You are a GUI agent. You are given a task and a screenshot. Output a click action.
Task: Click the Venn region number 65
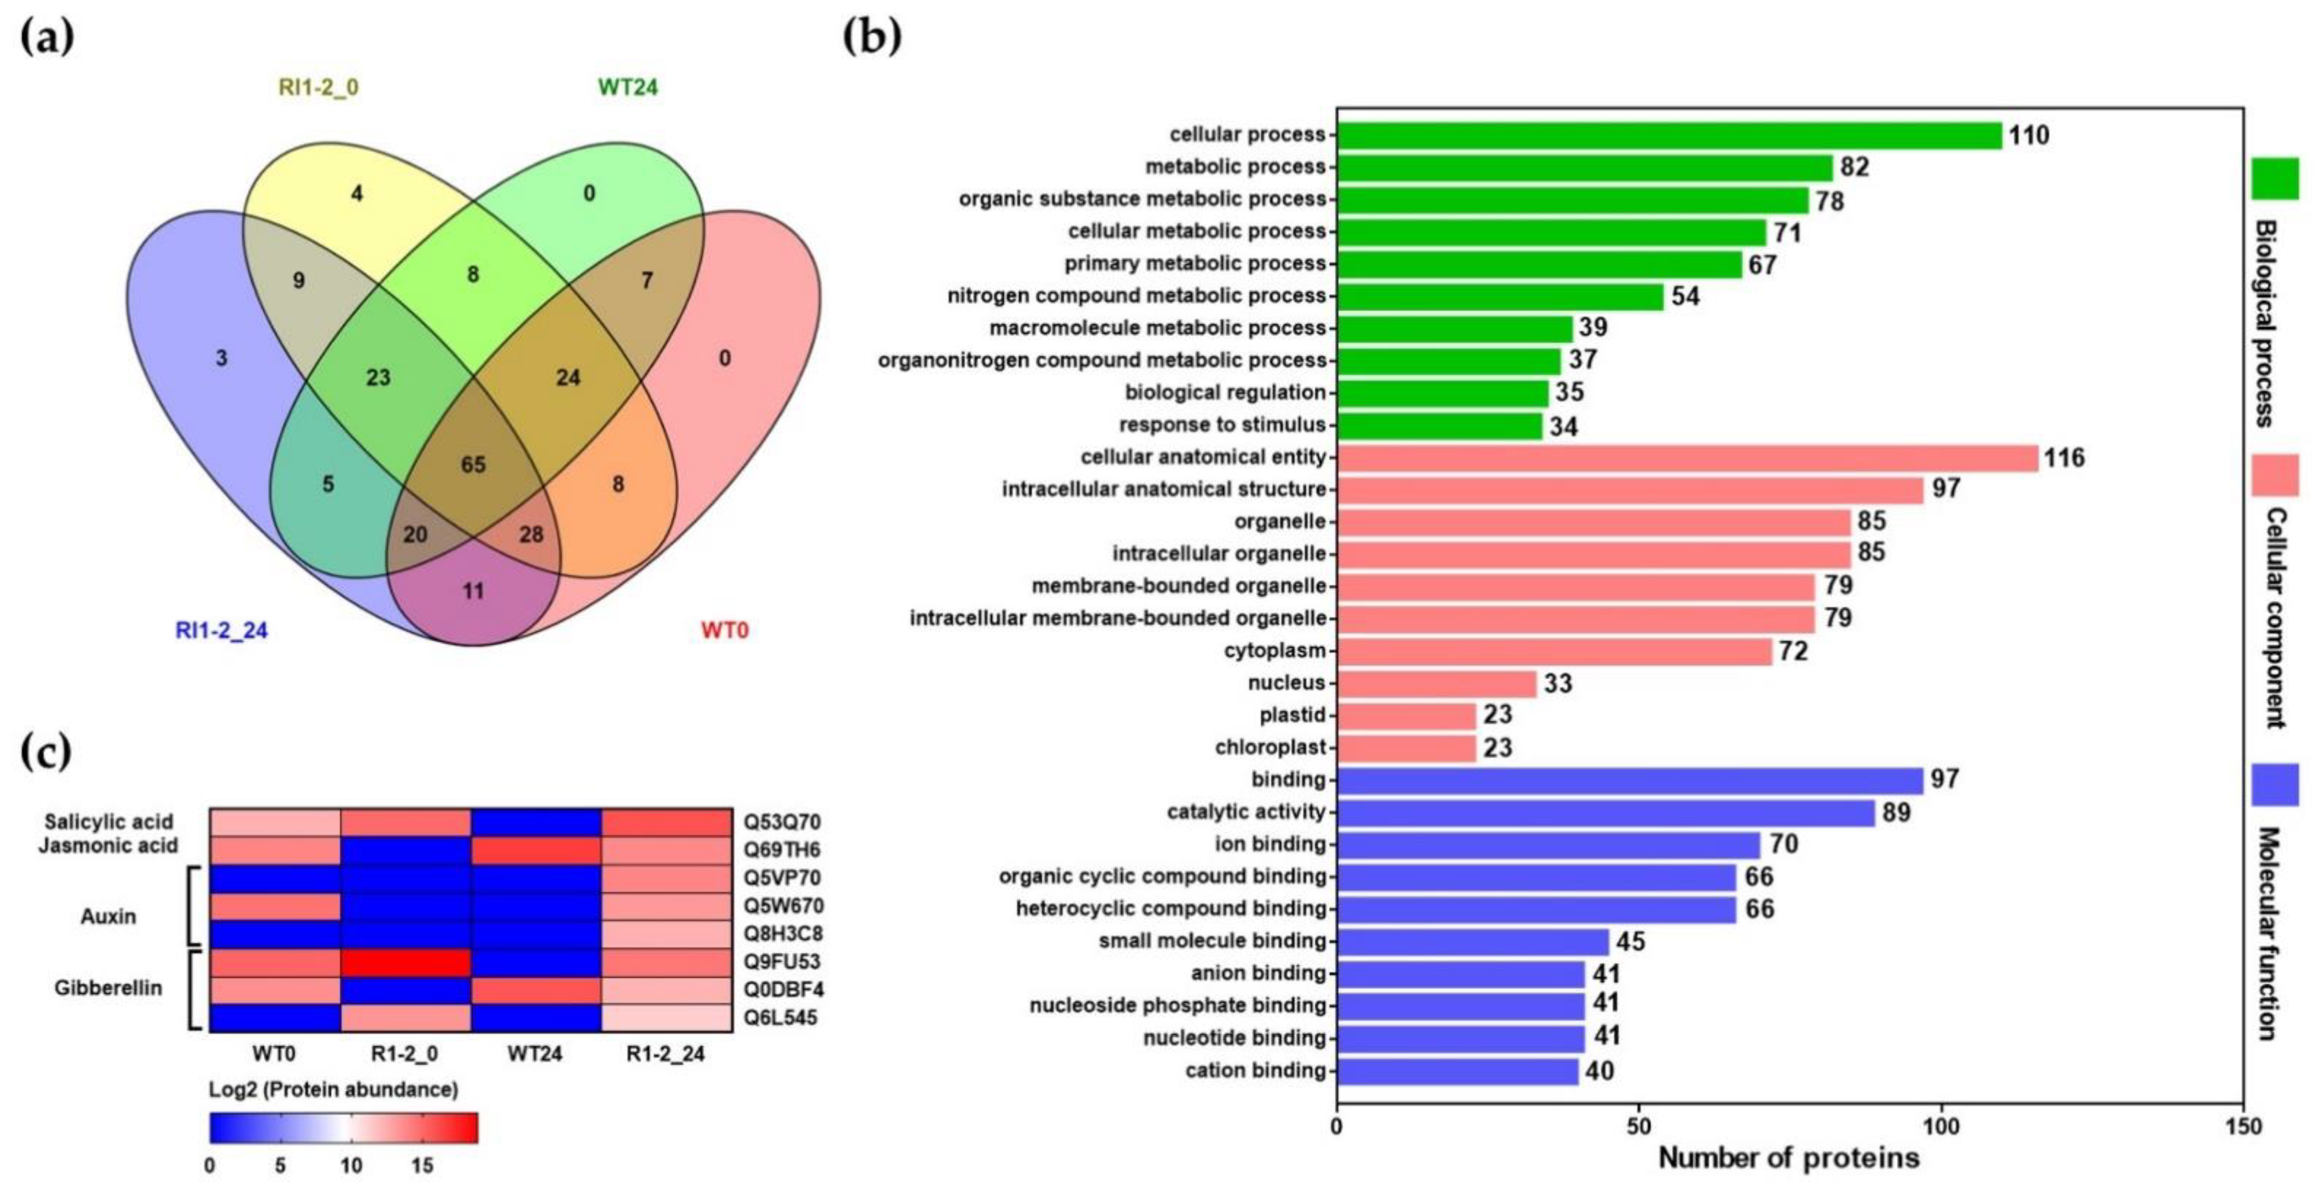click(473, 465)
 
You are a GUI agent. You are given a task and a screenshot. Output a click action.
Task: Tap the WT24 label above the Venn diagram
click(628, 87)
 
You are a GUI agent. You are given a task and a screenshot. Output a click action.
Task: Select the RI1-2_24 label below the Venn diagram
click(221, 631)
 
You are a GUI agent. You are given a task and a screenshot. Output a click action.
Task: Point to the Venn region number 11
click(473, 591)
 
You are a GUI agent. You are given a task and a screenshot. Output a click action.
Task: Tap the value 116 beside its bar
click(2064, 458)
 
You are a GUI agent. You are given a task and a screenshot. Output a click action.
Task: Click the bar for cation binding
click(1457, 1071)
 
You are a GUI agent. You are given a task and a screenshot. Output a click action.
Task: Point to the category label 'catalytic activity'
click(1246, 812)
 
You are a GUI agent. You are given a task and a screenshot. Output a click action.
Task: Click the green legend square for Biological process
click(2275, 178)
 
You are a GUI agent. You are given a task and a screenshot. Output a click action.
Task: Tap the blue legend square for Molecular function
click(2275, 784)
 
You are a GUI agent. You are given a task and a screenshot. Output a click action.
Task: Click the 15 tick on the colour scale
click(422, 1166)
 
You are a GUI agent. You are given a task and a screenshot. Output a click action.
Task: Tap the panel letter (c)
click(45, 752)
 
